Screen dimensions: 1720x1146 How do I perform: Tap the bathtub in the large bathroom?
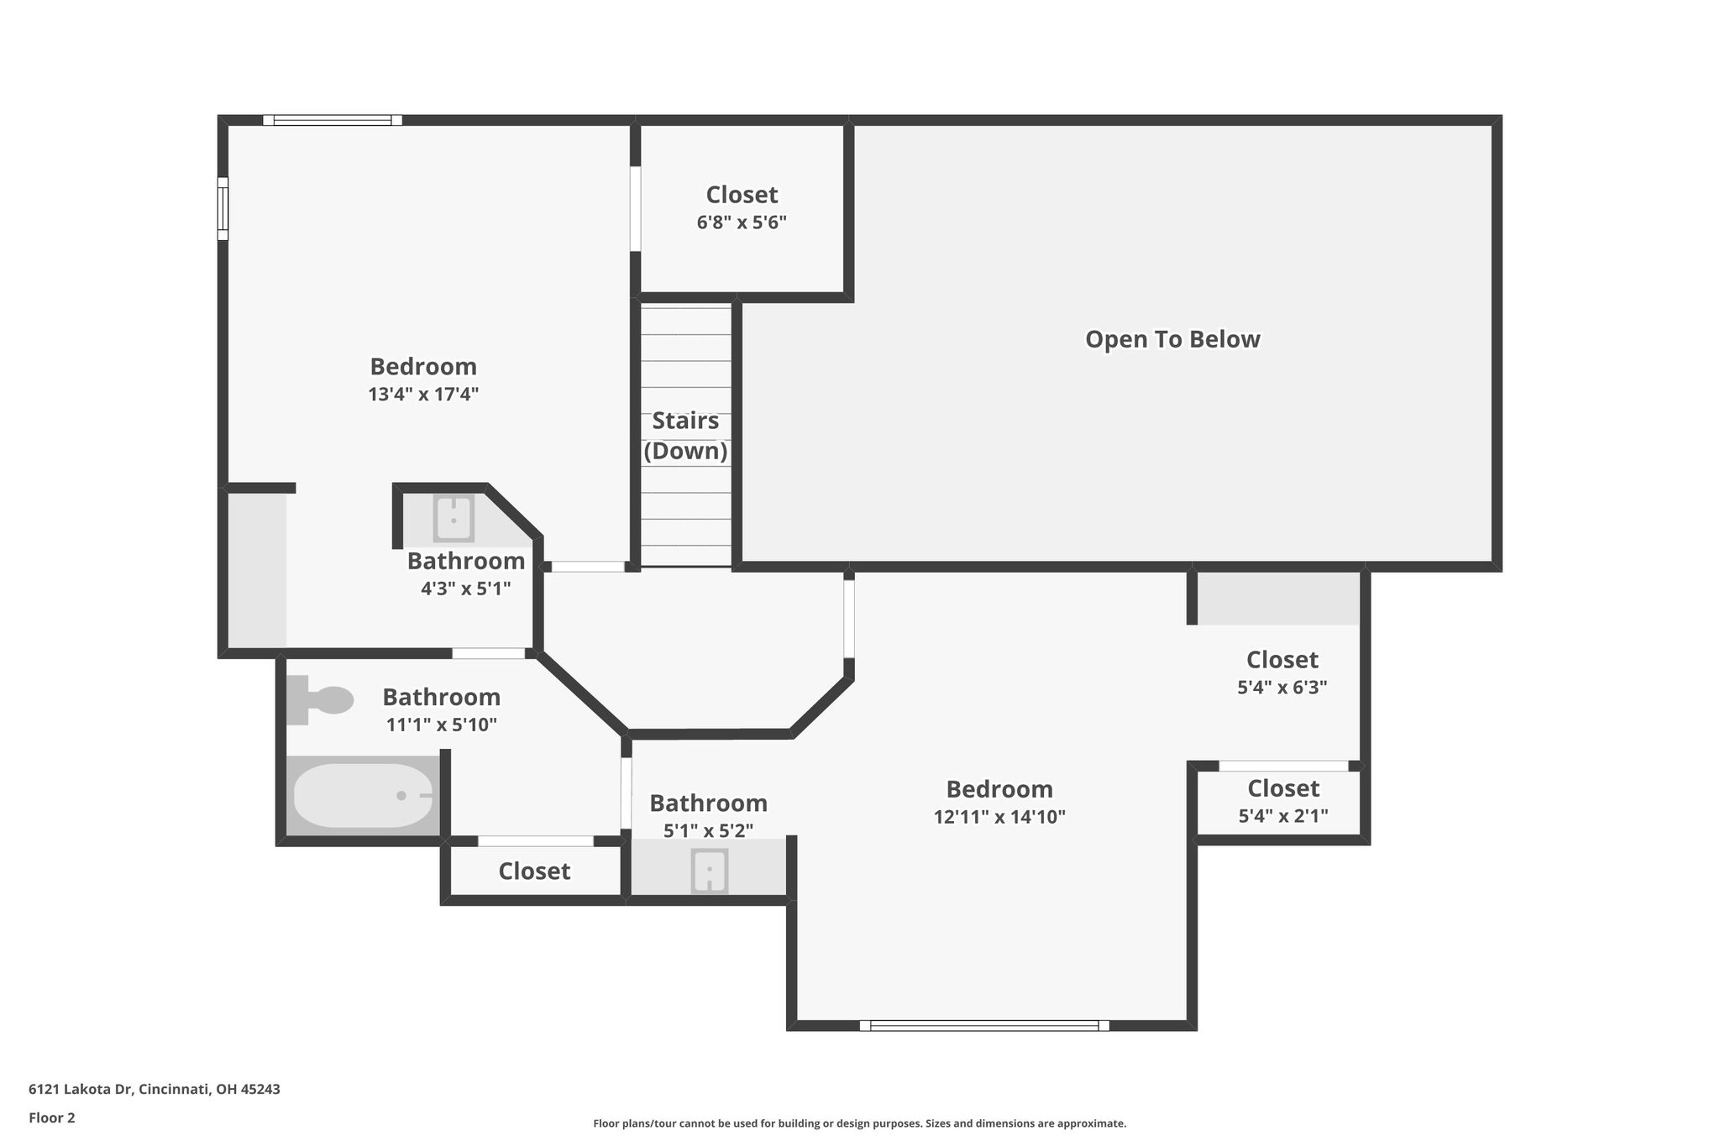(363, 795)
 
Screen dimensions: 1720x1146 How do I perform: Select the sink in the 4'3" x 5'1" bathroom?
(454, 518)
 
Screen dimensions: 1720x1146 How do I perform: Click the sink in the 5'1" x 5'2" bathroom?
(710, 871)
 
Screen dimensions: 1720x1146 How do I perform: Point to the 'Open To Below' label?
(1172, 339)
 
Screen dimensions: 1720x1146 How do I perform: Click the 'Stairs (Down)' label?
(685, 436)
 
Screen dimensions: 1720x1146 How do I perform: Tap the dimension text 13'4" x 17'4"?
(423, 394)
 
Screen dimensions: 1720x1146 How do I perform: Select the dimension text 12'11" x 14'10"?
(999, 817)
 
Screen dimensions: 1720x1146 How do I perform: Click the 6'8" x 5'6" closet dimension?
(742, 222)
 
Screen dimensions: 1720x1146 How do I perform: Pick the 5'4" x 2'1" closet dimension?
(1283, 815)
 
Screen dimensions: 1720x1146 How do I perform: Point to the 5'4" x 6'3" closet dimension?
(1282, 687)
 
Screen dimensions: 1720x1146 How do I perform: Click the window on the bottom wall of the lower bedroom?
(984, 1025)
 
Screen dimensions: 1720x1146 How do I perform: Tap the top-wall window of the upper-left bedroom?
(333, 120)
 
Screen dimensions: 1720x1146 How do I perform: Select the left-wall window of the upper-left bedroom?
(223, 208)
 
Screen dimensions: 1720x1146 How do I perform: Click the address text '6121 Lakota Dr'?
(81, 1089)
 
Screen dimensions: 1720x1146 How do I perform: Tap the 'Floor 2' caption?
(52, 1117)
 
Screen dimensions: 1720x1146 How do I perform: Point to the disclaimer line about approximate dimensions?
(859, 1123)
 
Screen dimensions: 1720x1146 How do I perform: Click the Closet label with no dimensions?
(534, 871)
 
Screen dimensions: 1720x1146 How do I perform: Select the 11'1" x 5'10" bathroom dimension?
(442, 725)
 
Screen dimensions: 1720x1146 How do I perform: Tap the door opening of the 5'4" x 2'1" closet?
(1283, 766)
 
